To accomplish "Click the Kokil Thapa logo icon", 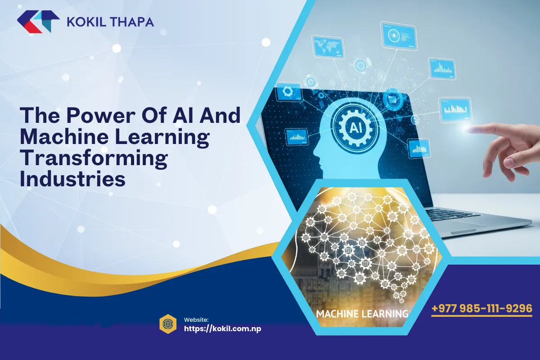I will pyautogui.click(x=38, y=22).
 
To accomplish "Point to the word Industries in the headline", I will pyautogui.click(x=72, y=179).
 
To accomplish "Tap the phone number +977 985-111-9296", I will pyautogui.click(x=481, y=309).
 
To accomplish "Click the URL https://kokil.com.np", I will pyautogui.click(x=223, y=328).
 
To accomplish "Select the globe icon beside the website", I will pyautogui.click(x=168, y=323).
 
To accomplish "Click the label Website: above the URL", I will pyautogui.click(x=196, y=319).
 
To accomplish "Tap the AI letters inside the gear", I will pyautogui.click(x=355, y=127).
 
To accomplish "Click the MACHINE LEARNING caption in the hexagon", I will pyautogui.click(x=362, y=313).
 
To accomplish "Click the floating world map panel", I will pyautogui.click(x=327, y=45).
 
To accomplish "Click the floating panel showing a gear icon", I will pyautogui.click(x=288, y=92).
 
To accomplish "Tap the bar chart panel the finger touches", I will pyautogui.click(x=455, y=109).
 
